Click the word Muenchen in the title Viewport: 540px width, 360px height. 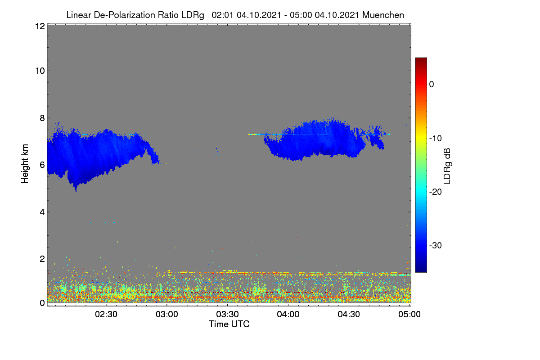[x=383, y=15]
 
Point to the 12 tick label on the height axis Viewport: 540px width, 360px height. [x=40, y=26]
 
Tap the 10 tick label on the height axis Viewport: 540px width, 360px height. [x=40, y=71]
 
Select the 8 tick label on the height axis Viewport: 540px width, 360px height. [x=42, y=118]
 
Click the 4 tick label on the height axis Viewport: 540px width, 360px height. [x=42, y=212]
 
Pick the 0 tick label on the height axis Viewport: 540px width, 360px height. [x=42, y=303]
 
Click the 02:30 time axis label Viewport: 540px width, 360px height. [x=106, y=315]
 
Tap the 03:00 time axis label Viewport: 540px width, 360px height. [x=167, y=315]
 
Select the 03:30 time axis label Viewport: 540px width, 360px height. [x=227, y=315]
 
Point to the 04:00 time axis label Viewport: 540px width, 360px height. [x=288, y=315]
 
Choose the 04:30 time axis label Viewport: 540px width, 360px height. [x=349, y=315]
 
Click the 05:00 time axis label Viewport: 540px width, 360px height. [x=409, y=315]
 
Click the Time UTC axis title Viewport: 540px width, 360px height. [x=229, y=324]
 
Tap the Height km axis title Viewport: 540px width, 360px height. [x=25, y=164]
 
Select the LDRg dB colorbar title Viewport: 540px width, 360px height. [x=447, y=166]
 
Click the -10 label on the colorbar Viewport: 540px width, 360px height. [x=436, y=139]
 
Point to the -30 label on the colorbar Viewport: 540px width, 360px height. [x=436, y=245]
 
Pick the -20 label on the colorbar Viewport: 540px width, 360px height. [x=436, y=192]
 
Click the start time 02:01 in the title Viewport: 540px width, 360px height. [x=222, y=15]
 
